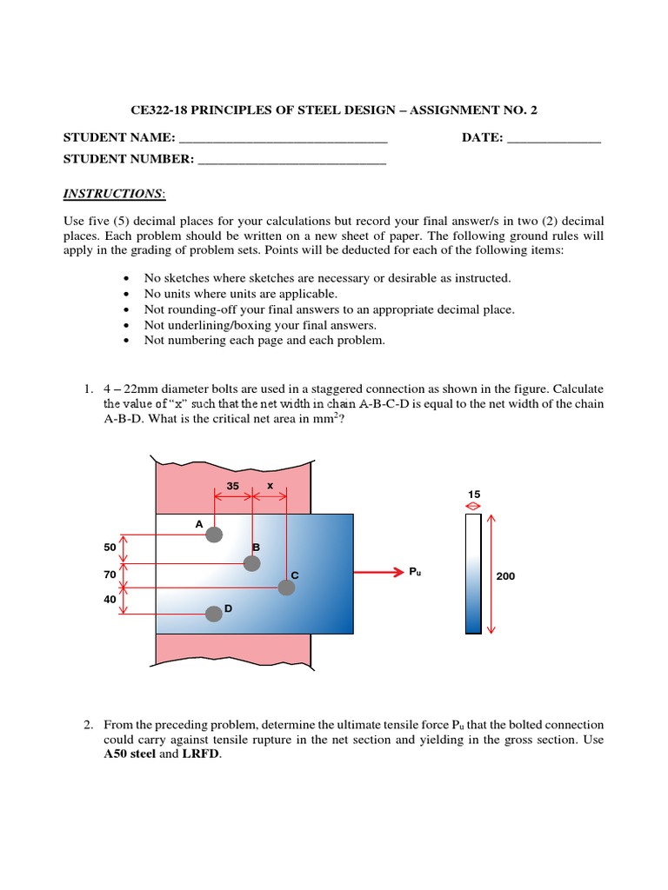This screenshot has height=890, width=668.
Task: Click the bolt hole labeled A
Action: coord(214,535)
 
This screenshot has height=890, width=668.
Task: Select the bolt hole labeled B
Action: coord(251,563)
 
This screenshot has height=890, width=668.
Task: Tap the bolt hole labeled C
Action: coord(286,588)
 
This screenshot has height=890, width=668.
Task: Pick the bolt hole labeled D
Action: coord(214,614)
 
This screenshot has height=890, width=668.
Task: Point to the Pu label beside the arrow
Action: coord(415,572)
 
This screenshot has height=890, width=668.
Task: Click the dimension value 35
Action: coord(232,486)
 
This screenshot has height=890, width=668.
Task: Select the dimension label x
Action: coord(271,486)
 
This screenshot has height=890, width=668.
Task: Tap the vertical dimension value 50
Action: coord(110,548)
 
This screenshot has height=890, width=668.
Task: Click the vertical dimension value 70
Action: coord(110,575)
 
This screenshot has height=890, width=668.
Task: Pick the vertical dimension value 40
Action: coord(110,600)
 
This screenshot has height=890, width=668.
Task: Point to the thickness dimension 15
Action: coord(473,494)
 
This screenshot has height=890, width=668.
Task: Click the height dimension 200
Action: coord(505,575)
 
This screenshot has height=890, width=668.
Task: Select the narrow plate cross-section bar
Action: coord(473,574)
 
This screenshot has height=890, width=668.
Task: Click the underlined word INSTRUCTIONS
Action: coord(113,193)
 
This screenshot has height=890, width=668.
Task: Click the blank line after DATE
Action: coord(553,138)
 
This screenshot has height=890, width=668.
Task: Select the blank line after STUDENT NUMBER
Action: coord(291,159)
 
